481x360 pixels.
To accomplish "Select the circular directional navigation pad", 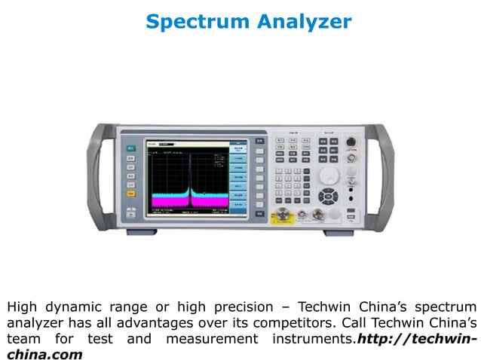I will pyautogui.click(x=329, y=197).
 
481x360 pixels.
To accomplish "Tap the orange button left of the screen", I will pyautogui.click(x=130, y=194).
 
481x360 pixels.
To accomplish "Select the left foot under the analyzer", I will pyautogui.click(x=141, y=231).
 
